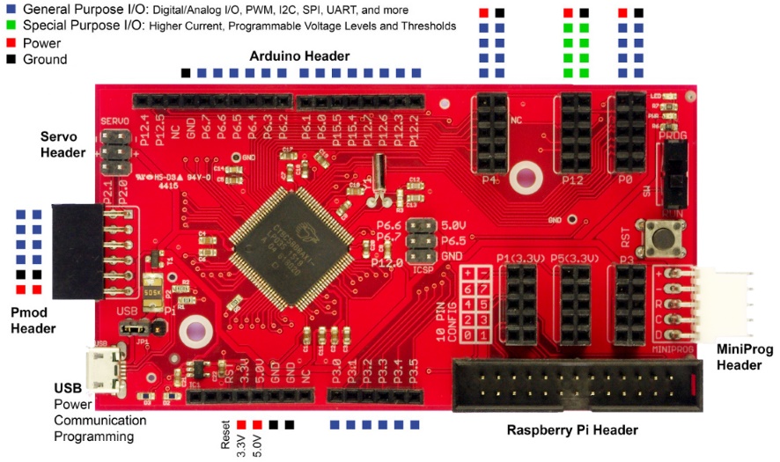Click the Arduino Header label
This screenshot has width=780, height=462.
tap(299, 56)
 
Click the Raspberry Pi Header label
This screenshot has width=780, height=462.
tap(572, 430)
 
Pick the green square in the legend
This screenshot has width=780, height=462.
tap(10, 26)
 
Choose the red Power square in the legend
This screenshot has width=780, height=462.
tap(10, 42)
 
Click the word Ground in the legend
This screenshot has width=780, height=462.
tap(45, 59)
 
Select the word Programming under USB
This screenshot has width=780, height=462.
tap(94, 436)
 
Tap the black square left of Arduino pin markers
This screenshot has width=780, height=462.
tap(185, 72)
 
